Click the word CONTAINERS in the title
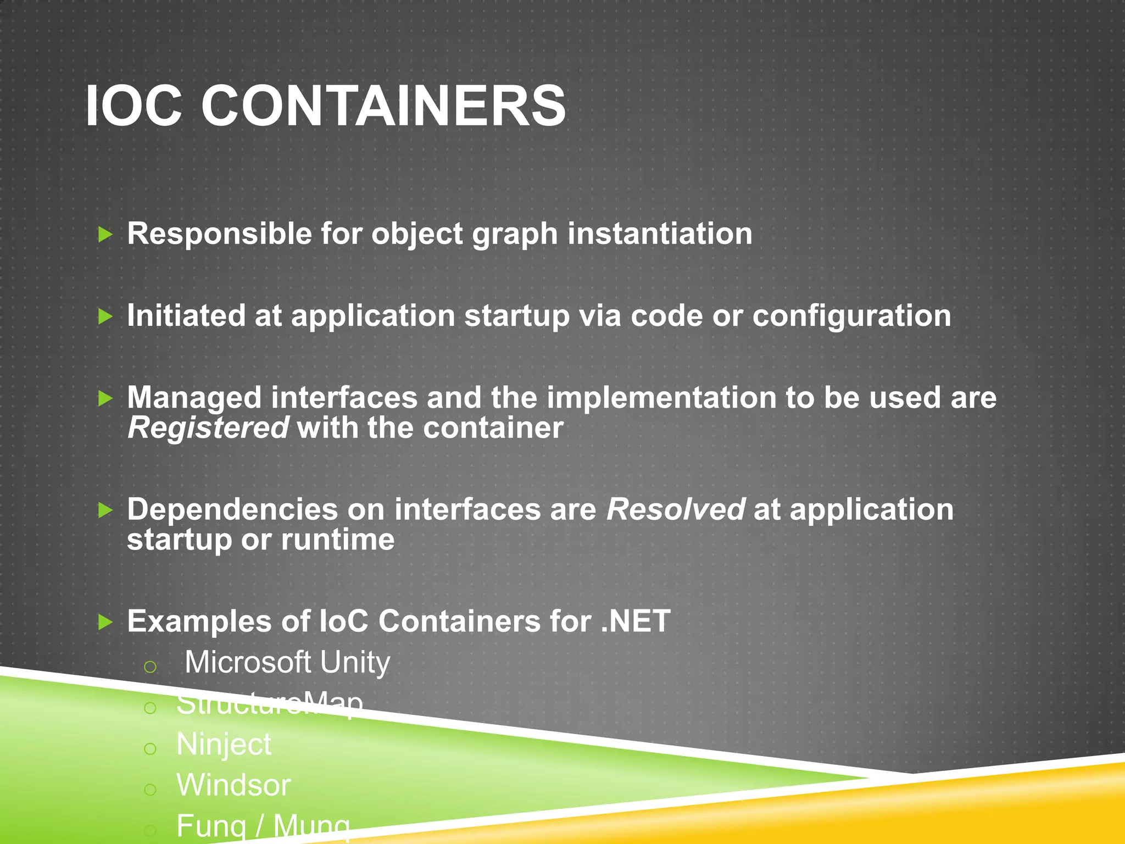383,105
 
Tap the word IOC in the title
133,105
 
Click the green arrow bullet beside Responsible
105,235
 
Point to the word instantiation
660,234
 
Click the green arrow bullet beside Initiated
105,316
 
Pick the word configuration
851,316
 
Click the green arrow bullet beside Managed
105,398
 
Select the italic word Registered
208,429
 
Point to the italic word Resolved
676,510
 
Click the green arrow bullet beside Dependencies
105,510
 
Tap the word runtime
338,540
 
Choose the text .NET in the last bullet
636,621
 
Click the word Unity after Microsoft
355,662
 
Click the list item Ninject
224,745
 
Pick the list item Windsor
233,785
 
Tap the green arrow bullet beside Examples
105,623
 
